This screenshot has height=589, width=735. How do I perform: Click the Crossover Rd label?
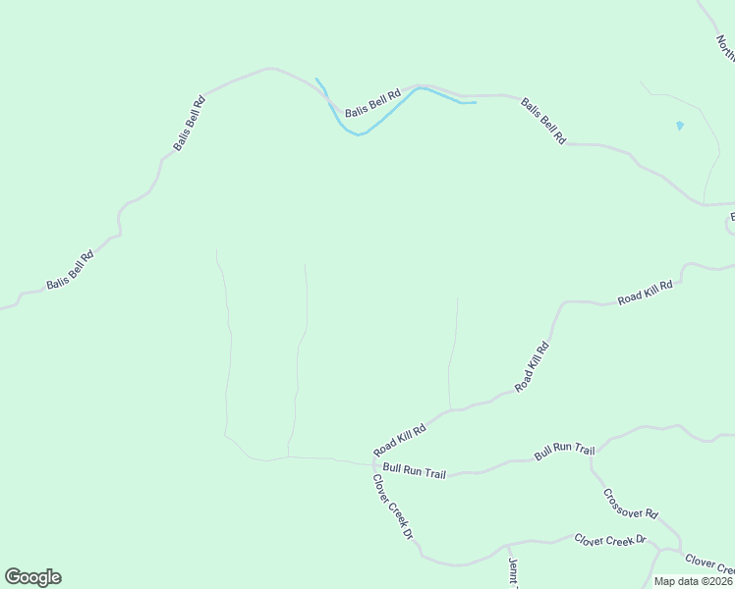pyautogui.click(x=631, y=505)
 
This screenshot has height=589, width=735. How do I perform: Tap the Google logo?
pyautogui.click(x=32, y=577)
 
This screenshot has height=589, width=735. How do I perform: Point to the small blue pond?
pyautogui.click(x=680, y=126)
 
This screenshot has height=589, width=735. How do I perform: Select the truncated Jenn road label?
pyautogui.click(x=512, y=571)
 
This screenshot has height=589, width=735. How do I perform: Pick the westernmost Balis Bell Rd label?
pyautogui.click(x=70, y=269)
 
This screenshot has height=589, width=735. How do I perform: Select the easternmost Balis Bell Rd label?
pyautogui.click(x=543, y=121)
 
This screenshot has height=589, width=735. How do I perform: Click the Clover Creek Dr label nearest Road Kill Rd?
pyautogui.click(x=392, y=507)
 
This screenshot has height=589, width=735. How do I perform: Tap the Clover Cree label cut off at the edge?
pyautogui.click(x=709, y=564)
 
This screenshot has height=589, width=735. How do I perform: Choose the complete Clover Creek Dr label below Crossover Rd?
pyautogui.click(x=610, y=540)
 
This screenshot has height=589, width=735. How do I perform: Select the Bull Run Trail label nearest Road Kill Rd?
pyautogui.click(x=414, y=471)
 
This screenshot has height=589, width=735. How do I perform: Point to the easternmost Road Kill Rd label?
pyautogui.click(x=645, y=292)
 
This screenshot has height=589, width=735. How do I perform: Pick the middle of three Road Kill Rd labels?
pyautogui.click(x=532, y=366)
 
